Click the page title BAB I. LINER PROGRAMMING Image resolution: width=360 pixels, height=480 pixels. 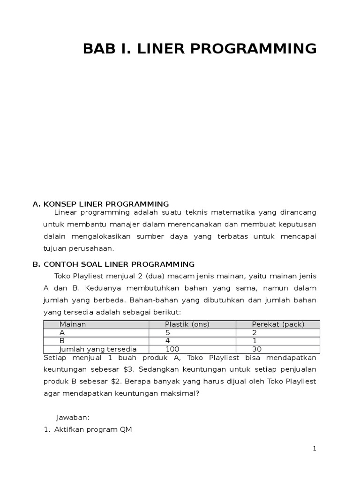coord(200,49)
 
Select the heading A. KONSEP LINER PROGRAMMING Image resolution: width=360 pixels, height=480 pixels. coord(100,204)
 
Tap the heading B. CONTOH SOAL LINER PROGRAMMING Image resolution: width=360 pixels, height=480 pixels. coord(113,264)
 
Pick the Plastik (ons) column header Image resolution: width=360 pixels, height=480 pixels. coord(187,324)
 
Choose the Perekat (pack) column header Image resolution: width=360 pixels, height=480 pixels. coord(278,324)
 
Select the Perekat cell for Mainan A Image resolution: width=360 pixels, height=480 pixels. coord(255,332)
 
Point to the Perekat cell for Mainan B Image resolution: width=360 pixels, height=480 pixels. coord(254,341)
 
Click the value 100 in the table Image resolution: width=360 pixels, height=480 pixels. coord(172,349)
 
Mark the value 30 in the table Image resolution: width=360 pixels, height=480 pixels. coord(257,349)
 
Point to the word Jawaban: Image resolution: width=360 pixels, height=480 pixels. coord(73,417)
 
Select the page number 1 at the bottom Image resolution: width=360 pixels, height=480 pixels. coord(315,449)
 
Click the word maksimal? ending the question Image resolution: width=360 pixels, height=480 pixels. coord(183,394)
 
